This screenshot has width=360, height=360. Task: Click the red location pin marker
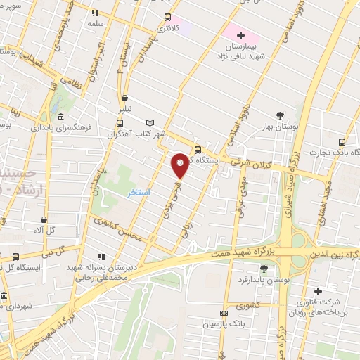coord(181,165)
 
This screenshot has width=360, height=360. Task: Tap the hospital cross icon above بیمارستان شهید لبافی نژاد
coord(240,34)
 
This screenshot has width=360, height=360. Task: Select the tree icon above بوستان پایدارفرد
coord(264,269)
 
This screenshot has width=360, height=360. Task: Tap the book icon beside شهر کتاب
coord(149,123)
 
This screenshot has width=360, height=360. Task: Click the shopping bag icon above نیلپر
coord(124,98)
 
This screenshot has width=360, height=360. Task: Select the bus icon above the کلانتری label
coord(167,18)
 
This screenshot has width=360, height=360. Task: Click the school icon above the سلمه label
coord(95,12)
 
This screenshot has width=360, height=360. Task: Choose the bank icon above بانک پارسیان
coord(224,314)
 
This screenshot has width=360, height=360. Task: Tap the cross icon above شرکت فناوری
coord(318,291)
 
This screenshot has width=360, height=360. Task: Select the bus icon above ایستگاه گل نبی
coord(16,257)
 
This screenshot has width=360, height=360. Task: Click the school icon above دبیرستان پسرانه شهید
coord(103,257)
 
